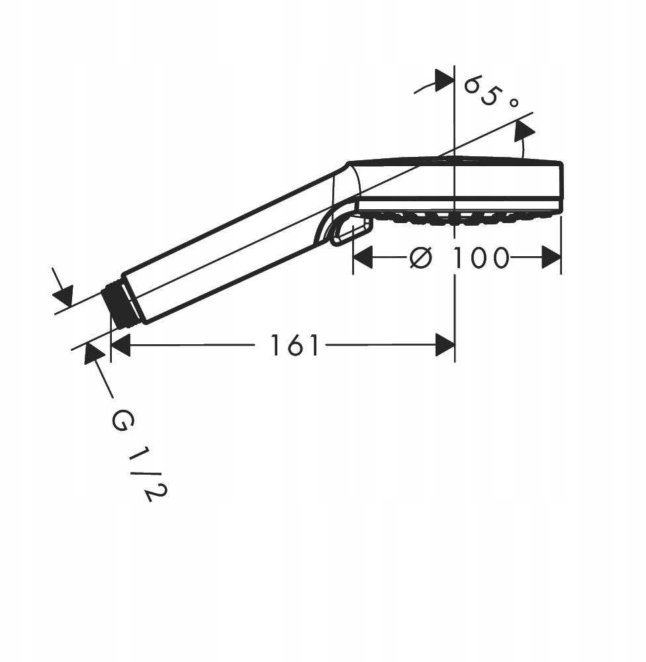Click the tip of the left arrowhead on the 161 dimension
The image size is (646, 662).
[111, 345]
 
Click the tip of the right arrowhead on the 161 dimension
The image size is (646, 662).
[454, 345]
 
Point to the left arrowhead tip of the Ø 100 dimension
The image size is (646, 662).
[353, 257]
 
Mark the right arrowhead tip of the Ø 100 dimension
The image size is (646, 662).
[561, 257]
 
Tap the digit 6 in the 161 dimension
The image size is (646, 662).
[295, 345]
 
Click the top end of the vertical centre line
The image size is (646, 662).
[454, 66]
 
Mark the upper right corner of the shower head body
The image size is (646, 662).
[562, 163]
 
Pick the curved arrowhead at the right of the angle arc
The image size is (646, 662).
[524, 130]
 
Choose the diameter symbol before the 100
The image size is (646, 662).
[421, 257]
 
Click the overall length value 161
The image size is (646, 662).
[295, 345]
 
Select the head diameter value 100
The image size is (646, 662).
[481, 258]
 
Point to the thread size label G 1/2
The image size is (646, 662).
[139, 456]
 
